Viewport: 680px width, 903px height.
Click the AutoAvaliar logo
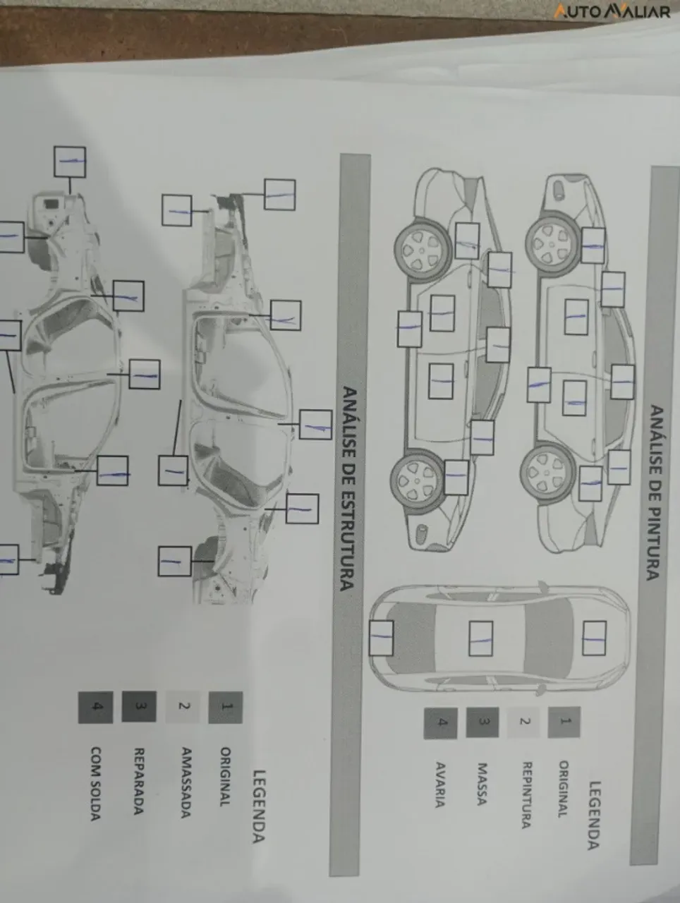pyautogui.click(x=612, y=11)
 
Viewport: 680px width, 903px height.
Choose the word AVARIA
pyautogui.click(x=440, y=785)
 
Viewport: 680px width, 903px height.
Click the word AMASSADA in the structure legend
pyautogui.click(x=186, y=782)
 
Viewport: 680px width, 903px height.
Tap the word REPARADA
pyautogui.click(x=139, y=781)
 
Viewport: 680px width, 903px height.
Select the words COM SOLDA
pyautogui.click(x=95, y=784)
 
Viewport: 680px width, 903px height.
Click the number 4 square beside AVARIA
pyautogui.click(x=441, y=723)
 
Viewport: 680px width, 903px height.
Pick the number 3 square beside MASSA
pyautogui.click(x=482, y=722)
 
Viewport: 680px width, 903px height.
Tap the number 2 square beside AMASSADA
pyautogui.click(x=183, y=707)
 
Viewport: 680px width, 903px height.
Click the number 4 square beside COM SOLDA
pyautogui.click(x=95, y=708)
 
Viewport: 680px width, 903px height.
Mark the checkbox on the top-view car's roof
pyautogui.click(x=481, y=638)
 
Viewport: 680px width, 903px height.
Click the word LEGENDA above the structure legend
pyautogui.click(x=258, y=806)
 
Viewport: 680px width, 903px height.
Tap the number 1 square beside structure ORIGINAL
pyautogui.click(x=226, y=707)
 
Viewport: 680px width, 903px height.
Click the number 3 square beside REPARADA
pyautogui.click(x=139, y=707)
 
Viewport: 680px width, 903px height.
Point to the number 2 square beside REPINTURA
pyautogui.click(x=523, y=722)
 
